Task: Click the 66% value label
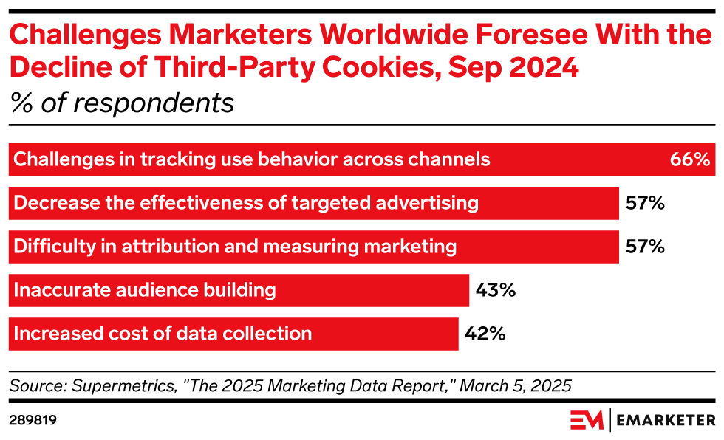coord(689,159)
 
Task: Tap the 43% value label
coord(495,290)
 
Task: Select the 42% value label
coord(485,334)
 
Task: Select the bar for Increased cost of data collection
coord(233,334)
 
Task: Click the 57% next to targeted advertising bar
coord(645,202)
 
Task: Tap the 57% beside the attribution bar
coord(645,247)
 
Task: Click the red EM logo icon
coord(587,419)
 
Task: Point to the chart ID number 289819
coord(33,420)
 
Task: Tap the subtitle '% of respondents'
coord(122,103)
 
